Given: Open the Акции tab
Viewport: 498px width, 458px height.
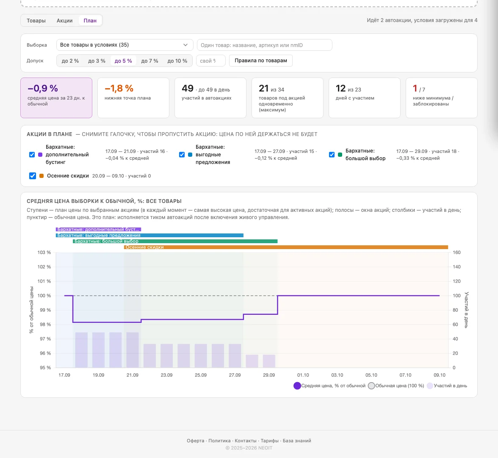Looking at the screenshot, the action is [x=64, y=21].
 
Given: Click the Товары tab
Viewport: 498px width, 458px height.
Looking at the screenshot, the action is [x=36, y=21].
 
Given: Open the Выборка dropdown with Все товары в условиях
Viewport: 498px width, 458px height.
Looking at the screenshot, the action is [x=125, y=45].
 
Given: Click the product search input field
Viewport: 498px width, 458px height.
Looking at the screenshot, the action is [x=265, y=45].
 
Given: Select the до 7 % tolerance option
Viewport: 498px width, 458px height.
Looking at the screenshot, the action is [x=149, y=61].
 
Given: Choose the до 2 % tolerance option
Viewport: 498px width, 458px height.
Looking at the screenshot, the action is [x=70, y=61].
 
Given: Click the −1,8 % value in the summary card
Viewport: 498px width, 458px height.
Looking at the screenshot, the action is [x=119, y=89].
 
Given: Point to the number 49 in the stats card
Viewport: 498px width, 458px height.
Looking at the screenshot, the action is [x=187, y=89].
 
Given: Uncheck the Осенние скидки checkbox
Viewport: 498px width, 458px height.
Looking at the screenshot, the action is [x=32, y=176].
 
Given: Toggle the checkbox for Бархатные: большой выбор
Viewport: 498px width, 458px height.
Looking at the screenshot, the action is [x=332, y=155].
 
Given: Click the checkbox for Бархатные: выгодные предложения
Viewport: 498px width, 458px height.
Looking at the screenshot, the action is [x=182, y=155].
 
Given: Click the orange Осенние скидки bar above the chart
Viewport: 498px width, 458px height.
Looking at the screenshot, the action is [x=286, y=247].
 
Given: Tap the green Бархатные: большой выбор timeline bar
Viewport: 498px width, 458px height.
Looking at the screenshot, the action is [x=175, y=241].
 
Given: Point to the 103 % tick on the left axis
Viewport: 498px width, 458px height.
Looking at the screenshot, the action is [x=44, y=253].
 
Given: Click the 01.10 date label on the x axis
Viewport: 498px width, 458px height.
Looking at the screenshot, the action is [x=303, y=375].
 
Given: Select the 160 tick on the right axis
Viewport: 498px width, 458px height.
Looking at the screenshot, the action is [x=456, y=253].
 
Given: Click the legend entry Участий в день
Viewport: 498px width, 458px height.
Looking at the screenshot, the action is [x=447, y=386].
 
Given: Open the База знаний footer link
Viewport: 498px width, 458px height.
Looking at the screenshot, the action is [x=297, y=441].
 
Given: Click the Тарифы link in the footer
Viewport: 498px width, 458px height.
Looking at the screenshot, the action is [x=270, y=441].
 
